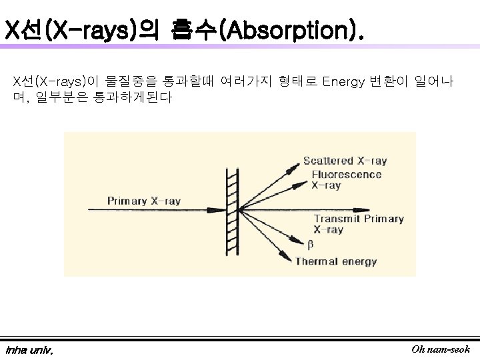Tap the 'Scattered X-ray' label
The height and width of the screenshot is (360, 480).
345,161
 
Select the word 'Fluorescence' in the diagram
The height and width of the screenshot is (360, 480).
346,175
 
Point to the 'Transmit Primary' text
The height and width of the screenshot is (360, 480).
358,219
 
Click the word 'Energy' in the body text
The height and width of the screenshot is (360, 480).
343,82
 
